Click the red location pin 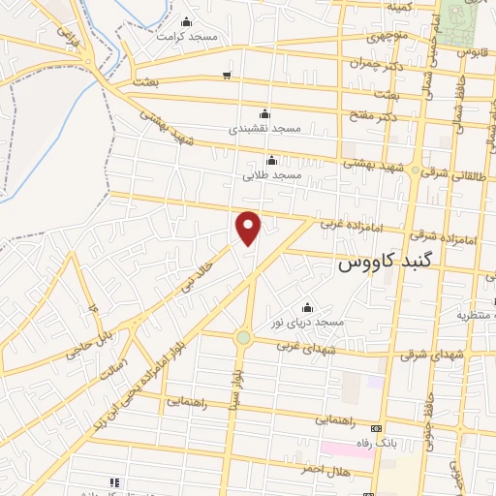[249, 227]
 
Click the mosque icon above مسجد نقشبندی [265, 112]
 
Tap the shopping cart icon [227, 75]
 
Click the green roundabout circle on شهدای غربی [242, 337]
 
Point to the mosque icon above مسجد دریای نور [308, 307]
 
